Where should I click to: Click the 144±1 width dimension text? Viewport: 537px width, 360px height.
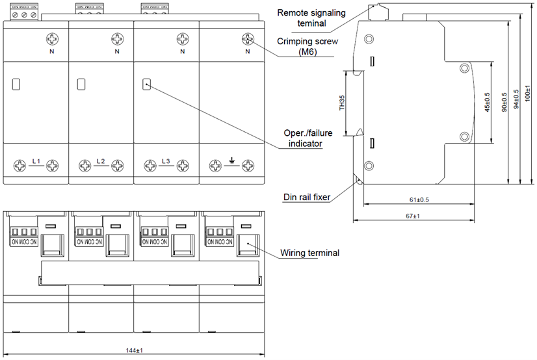click(134, 351)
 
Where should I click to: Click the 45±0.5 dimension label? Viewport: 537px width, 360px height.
click(488, 101)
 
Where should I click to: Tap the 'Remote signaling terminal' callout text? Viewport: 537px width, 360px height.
click(311, 18)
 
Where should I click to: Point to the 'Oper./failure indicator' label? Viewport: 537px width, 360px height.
click(303, 138)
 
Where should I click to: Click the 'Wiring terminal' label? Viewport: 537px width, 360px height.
click(309, 253)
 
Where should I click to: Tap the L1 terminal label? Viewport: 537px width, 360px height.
click(36, 161)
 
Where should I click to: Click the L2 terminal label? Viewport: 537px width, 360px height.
click(101, 161)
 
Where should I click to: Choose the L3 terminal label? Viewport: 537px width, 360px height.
click(166, 161)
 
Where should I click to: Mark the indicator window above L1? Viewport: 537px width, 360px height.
click(17, 84)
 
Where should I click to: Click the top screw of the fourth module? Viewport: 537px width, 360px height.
click(247, 38)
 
